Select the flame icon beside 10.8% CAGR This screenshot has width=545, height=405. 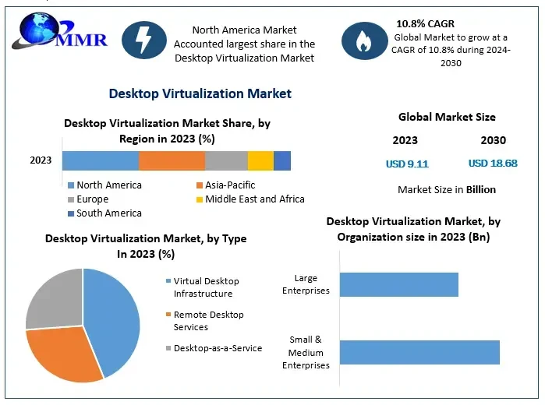pyautogui.click(x=364, y=40)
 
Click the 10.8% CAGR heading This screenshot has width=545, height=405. pyautogui.click(x=425, y=23)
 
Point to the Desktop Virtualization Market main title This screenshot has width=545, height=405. pyautogui.click(x=200, y=93)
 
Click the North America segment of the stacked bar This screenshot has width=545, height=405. pyautogui.click(x=101, y=160)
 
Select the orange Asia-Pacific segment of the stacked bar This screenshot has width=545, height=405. pyautogui.click(x=172, y=160)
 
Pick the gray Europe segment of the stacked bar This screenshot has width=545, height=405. pyautogui.click(x=226, y=160)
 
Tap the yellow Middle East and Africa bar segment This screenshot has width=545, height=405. pyautogui.click(x=260, y=160)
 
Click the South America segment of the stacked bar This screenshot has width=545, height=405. pyautogui.click(x=282, y=160)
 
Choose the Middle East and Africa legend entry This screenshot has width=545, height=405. pyautogui.click(x=249, y=199)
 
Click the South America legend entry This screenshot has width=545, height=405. pyautogui.click(x=104, y=213)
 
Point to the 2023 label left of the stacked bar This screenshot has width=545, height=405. pyautogui.click(x=41, y=160)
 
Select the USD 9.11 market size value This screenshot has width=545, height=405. pyautogui.click(x=407, y=164)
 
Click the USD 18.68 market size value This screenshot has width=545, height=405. pyautogui.click(x=493, y=164)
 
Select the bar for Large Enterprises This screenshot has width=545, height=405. pyautogui.click(x=398, y=284)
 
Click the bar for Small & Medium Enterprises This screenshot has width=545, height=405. pyautogui.click(x=419, y=352)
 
